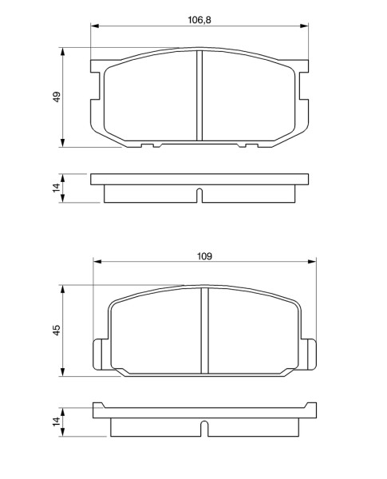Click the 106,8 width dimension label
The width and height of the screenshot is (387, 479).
(199, 20)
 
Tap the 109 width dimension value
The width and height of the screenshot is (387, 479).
(204, 256)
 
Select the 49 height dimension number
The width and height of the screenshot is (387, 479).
(57, 97)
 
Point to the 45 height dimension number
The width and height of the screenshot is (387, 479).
(57, 330)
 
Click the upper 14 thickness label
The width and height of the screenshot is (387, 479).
(57, 188)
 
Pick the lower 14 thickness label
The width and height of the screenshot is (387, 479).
(57, 422)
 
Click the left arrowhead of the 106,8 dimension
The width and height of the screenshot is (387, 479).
(95, 26)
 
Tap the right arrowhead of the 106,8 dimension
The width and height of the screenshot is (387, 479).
(304, 26)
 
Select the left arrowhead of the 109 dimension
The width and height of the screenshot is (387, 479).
(97, 262)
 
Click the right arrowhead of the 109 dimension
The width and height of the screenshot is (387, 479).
(312, 262)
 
